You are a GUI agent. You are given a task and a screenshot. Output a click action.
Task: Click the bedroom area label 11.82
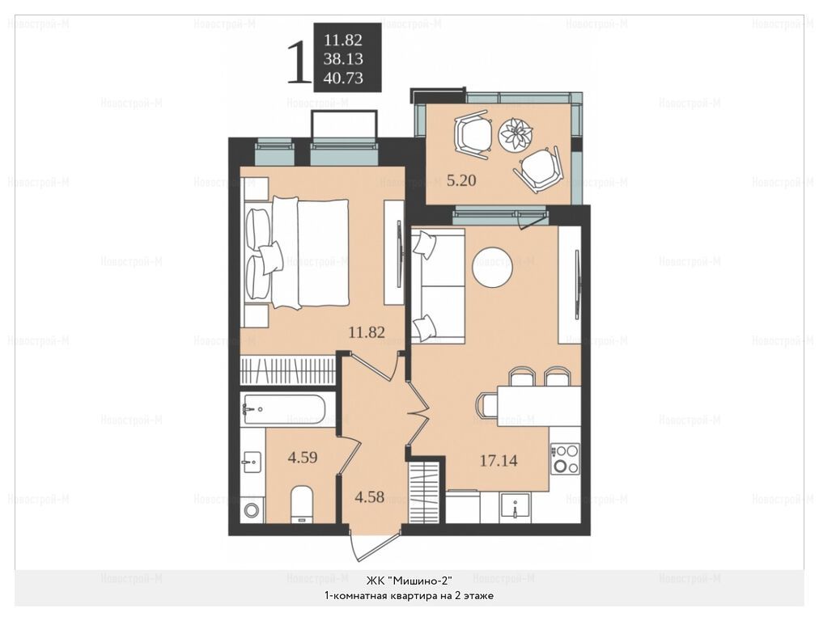click(367, 332)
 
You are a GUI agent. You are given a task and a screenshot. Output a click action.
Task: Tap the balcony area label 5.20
click(461, 180)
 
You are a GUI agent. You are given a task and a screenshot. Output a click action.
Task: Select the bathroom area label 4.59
click(303, 457)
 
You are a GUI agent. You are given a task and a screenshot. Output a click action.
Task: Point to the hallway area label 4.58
click(369, 496)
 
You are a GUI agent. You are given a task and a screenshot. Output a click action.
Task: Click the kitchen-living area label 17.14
click(499, 461)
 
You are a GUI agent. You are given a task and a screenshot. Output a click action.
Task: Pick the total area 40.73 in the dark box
click(343, 78)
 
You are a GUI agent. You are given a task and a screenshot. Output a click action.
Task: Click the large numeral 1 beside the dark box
click(299, 64)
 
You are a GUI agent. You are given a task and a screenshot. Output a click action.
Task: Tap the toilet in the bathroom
click(301, 504)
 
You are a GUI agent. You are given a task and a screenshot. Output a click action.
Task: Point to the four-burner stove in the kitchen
click(565, 458)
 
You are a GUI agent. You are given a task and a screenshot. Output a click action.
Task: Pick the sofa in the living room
click(438, 286)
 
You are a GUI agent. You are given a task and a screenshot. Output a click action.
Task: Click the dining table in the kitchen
click(539, 405)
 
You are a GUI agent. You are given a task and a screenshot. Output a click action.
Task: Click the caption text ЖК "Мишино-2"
click(409, 581)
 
